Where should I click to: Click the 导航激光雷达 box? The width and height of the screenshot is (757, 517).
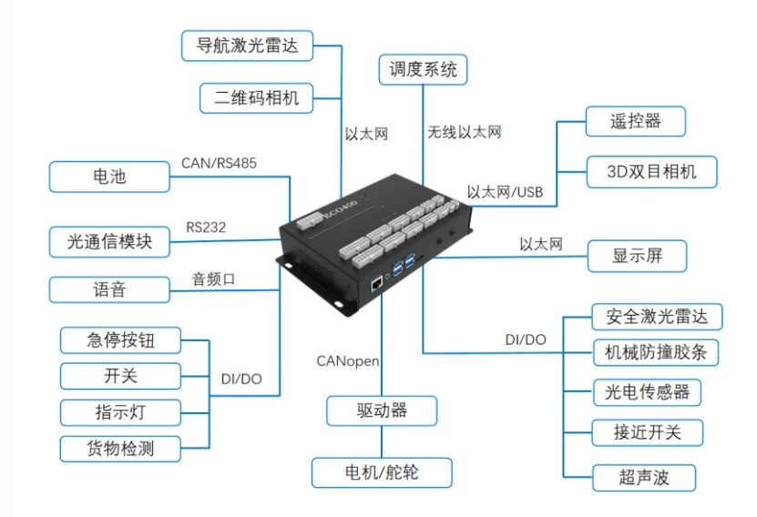[248, 46]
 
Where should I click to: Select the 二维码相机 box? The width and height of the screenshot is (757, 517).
[256, 97]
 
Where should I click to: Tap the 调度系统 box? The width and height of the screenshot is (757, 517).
[423, 69]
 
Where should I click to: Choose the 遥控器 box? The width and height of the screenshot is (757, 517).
[634, 119]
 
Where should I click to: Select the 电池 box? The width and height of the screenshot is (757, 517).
[109, 177]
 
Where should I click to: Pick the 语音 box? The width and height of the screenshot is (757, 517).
[109, 289]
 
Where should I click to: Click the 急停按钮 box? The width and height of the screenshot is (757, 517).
[120, 340]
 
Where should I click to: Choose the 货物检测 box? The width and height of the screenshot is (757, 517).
[120, 447]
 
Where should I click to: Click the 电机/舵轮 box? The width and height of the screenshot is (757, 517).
[383, 472]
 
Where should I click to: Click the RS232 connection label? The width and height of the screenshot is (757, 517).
[206, 227]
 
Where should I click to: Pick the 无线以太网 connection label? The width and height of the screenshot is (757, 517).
[465, 133]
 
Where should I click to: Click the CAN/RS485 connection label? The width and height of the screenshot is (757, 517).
[220, 164]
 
